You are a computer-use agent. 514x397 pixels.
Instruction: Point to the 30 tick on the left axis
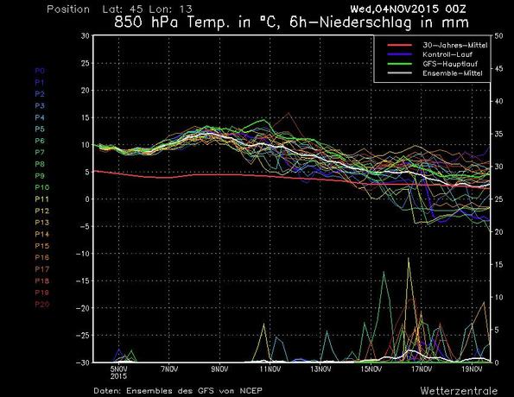85,36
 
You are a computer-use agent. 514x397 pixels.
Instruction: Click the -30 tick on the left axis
81,362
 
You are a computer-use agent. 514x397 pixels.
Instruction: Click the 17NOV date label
421,369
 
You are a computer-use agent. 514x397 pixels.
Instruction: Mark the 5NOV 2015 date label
118,372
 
